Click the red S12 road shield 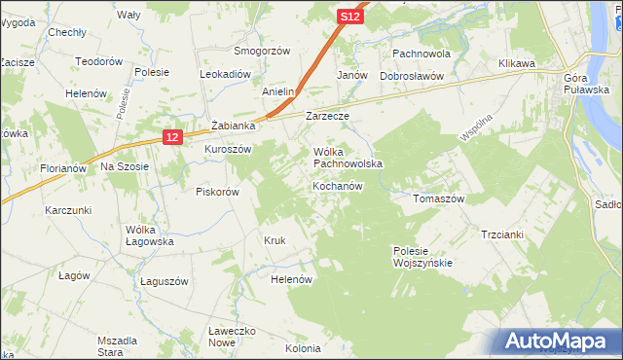(x=351, y=18)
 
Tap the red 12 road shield (x=171, y=138)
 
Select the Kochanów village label (x=338, y=186)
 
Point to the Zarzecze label (x=327, y=116)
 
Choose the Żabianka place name (x=234, y=126)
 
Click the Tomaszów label (x=439, y=198)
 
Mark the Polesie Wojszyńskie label (x=421, y=257)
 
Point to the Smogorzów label (x=262, y=51)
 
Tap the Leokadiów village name (x=226, y=74)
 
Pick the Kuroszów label (x=228, y=149)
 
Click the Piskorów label (x=217, y=192)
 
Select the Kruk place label (x=274, y=239)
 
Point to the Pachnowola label (x=421, y=54)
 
